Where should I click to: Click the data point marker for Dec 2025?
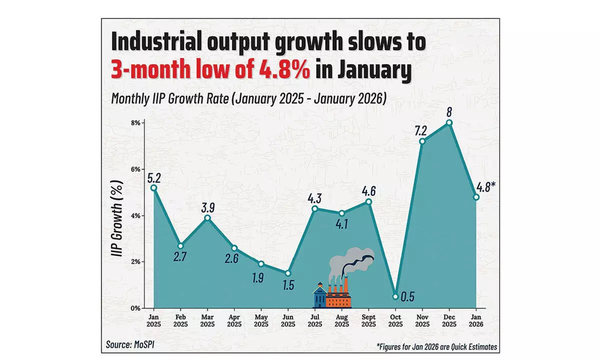(449, 122)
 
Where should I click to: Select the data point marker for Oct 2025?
(395, 296)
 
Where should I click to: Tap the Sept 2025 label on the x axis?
(368, 320)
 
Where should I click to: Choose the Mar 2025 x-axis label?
(207, 320)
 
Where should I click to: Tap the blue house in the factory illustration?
(318, 296)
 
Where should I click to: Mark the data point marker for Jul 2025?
(314, 208)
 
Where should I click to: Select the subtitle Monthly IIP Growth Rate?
(248, 99)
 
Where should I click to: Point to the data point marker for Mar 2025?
(207, 217)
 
